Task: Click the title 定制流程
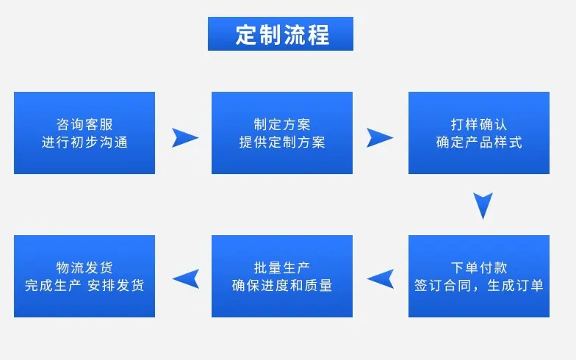click(282, 35)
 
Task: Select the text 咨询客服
click(84, 125)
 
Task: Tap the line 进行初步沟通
click(84, 143)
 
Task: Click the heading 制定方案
click(282, 125)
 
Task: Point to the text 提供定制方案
click(282, 143)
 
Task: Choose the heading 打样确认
click(479, 125)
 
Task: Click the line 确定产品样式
click(479, 143)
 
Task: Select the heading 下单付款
click(479, 267)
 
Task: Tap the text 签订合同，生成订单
click(479, 285)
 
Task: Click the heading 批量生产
click(282, 267)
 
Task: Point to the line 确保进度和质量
click(282, 285)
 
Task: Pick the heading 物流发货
click(84, 267)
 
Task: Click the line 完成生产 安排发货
click(84, 285)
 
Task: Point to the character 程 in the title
click(318, 35)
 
